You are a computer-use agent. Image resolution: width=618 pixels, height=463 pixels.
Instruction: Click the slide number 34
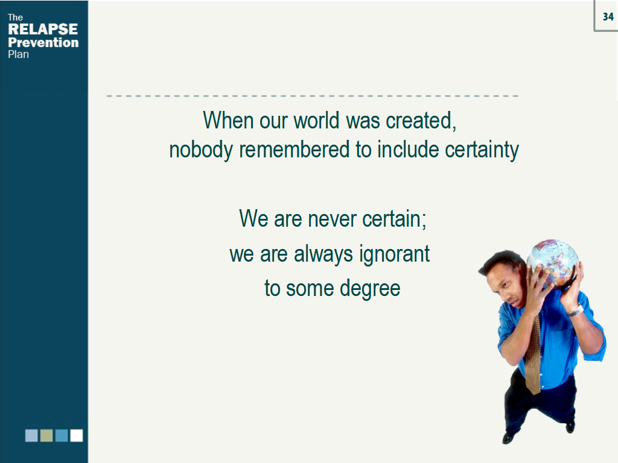[608, 17]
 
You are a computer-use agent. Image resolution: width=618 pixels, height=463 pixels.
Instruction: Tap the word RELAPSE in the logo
[43, 29]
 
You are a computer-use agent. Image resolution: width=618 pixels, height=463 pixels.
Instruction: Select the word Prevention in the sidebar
[43, 42]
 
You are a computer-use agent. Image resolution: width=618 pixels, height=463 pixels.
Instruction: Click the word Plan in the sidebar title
[18, 54]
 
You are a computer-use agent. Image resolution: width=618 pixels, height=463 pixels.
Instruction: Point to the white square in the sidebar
[76, 435]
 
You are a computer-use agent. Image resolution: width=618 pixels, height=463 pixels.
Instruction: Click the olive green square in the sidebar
[46, 435]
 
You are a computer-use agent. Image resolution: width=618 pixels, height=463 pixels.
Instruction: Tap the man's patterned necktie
[534, 356]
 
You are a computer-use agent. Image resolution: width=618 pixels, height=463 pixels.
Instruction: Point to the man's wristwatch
[575, 311]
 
